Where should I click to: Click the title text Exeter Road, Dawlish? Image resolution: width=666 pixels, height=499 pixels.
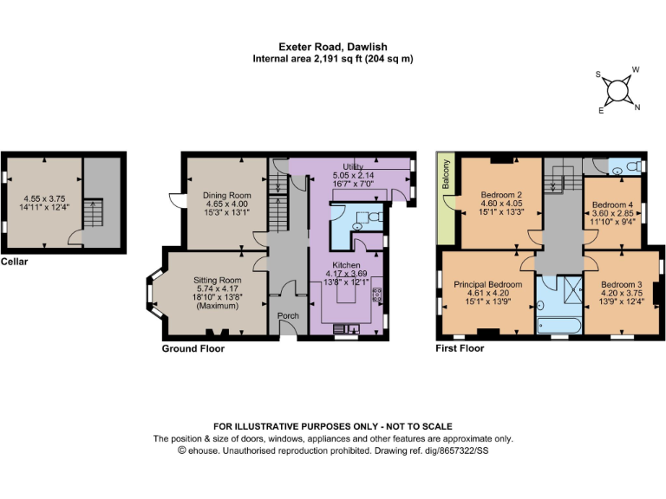[x=332, y=46]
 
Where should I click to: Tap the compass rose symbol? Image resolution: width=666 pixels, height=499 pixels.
[x=617, y=89]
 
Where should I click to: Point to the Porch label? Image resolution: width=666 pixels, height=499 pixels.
[x=287, y=316]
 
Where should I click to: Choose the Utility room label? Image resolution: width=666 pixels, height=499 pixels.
[x=352, y=165]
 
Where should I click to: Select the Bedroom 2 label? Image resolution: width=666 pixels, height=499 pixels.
[x=501, y=195]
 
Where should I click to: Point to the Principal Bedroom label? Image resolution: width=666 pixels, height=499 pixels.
[x=487, y=284]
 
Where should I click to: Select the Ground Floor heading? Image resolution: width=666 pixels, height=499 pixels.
[x=193, y=348]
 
